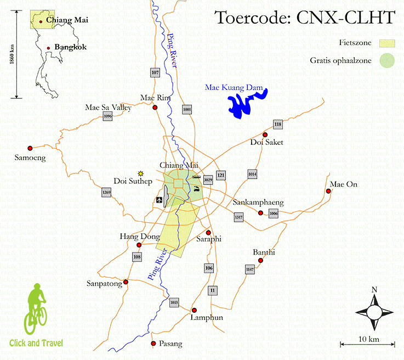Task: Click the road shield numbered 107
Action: point(155,72)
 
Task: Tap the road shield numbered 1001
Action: point(187,110)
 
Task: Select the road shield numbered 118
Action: point(278,125)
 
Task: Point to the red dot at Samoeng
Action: point(30,148)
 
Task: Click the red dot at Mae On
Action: point(328,191)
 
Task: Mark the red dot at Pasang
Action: point(153,344)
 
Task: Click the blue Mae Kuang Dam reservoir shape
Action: point(245,103)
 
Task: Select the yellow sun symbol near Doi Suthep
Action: point(141,173)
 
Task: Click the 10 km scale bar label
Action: point(368,339)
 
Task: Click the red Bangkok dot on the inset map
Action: point(49,48)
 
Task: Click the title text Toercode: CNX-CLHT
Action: point(304,18)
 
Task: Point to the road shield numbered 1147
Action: point(250,269)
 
